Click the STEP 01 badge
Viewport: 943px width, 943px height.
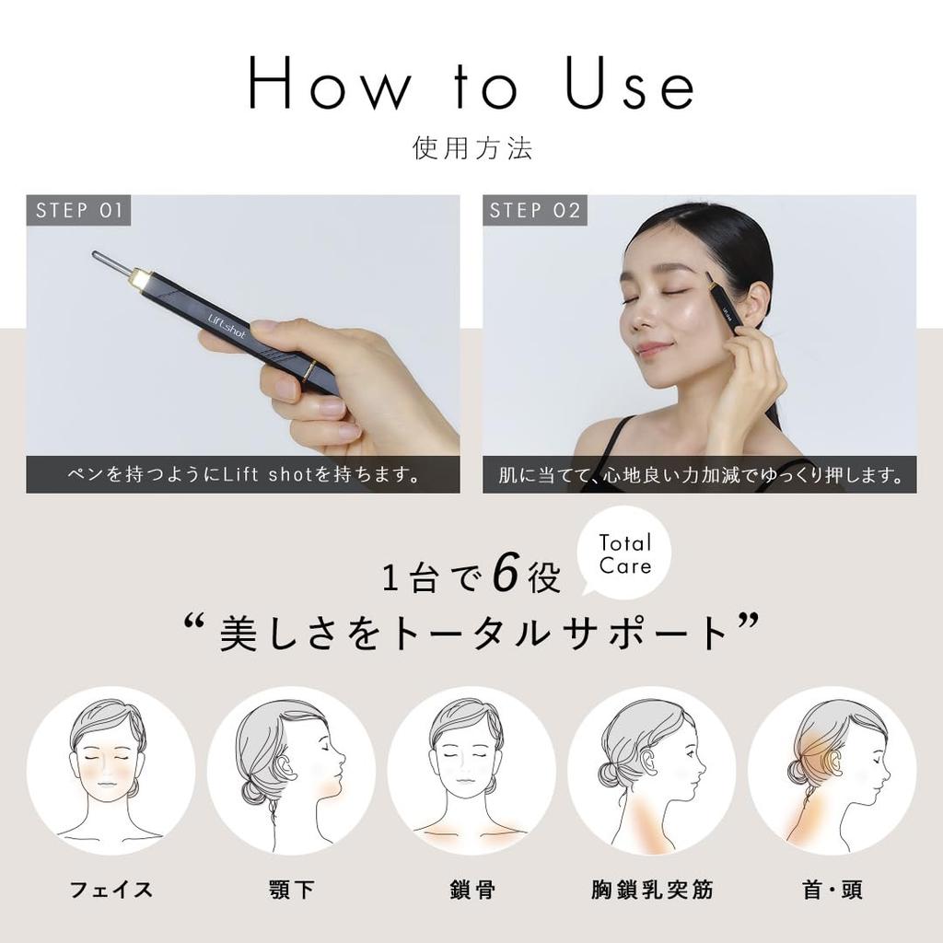[78, 210]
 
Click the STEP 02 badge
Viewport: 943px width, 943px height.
[535, 210]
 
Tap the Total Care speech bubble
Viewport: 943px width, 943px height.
[624, 553]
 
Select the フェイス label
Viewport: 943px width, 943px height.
[111, 890]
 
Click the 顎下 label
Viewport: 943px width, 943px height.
[291, 890]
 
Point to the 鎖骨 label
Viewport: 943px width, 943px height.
[471, 890]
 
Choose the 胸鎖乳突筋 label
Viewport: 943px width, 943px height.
[652, 890]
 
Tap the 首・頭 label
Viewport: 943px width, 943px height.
[832, 890]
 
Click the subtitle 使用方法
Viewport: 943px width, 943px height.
[471, 148]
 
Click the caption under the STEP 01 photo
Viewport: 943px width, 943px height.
[243, 475]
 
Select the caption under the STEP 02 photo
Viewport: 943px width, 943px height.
[700, 475]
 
